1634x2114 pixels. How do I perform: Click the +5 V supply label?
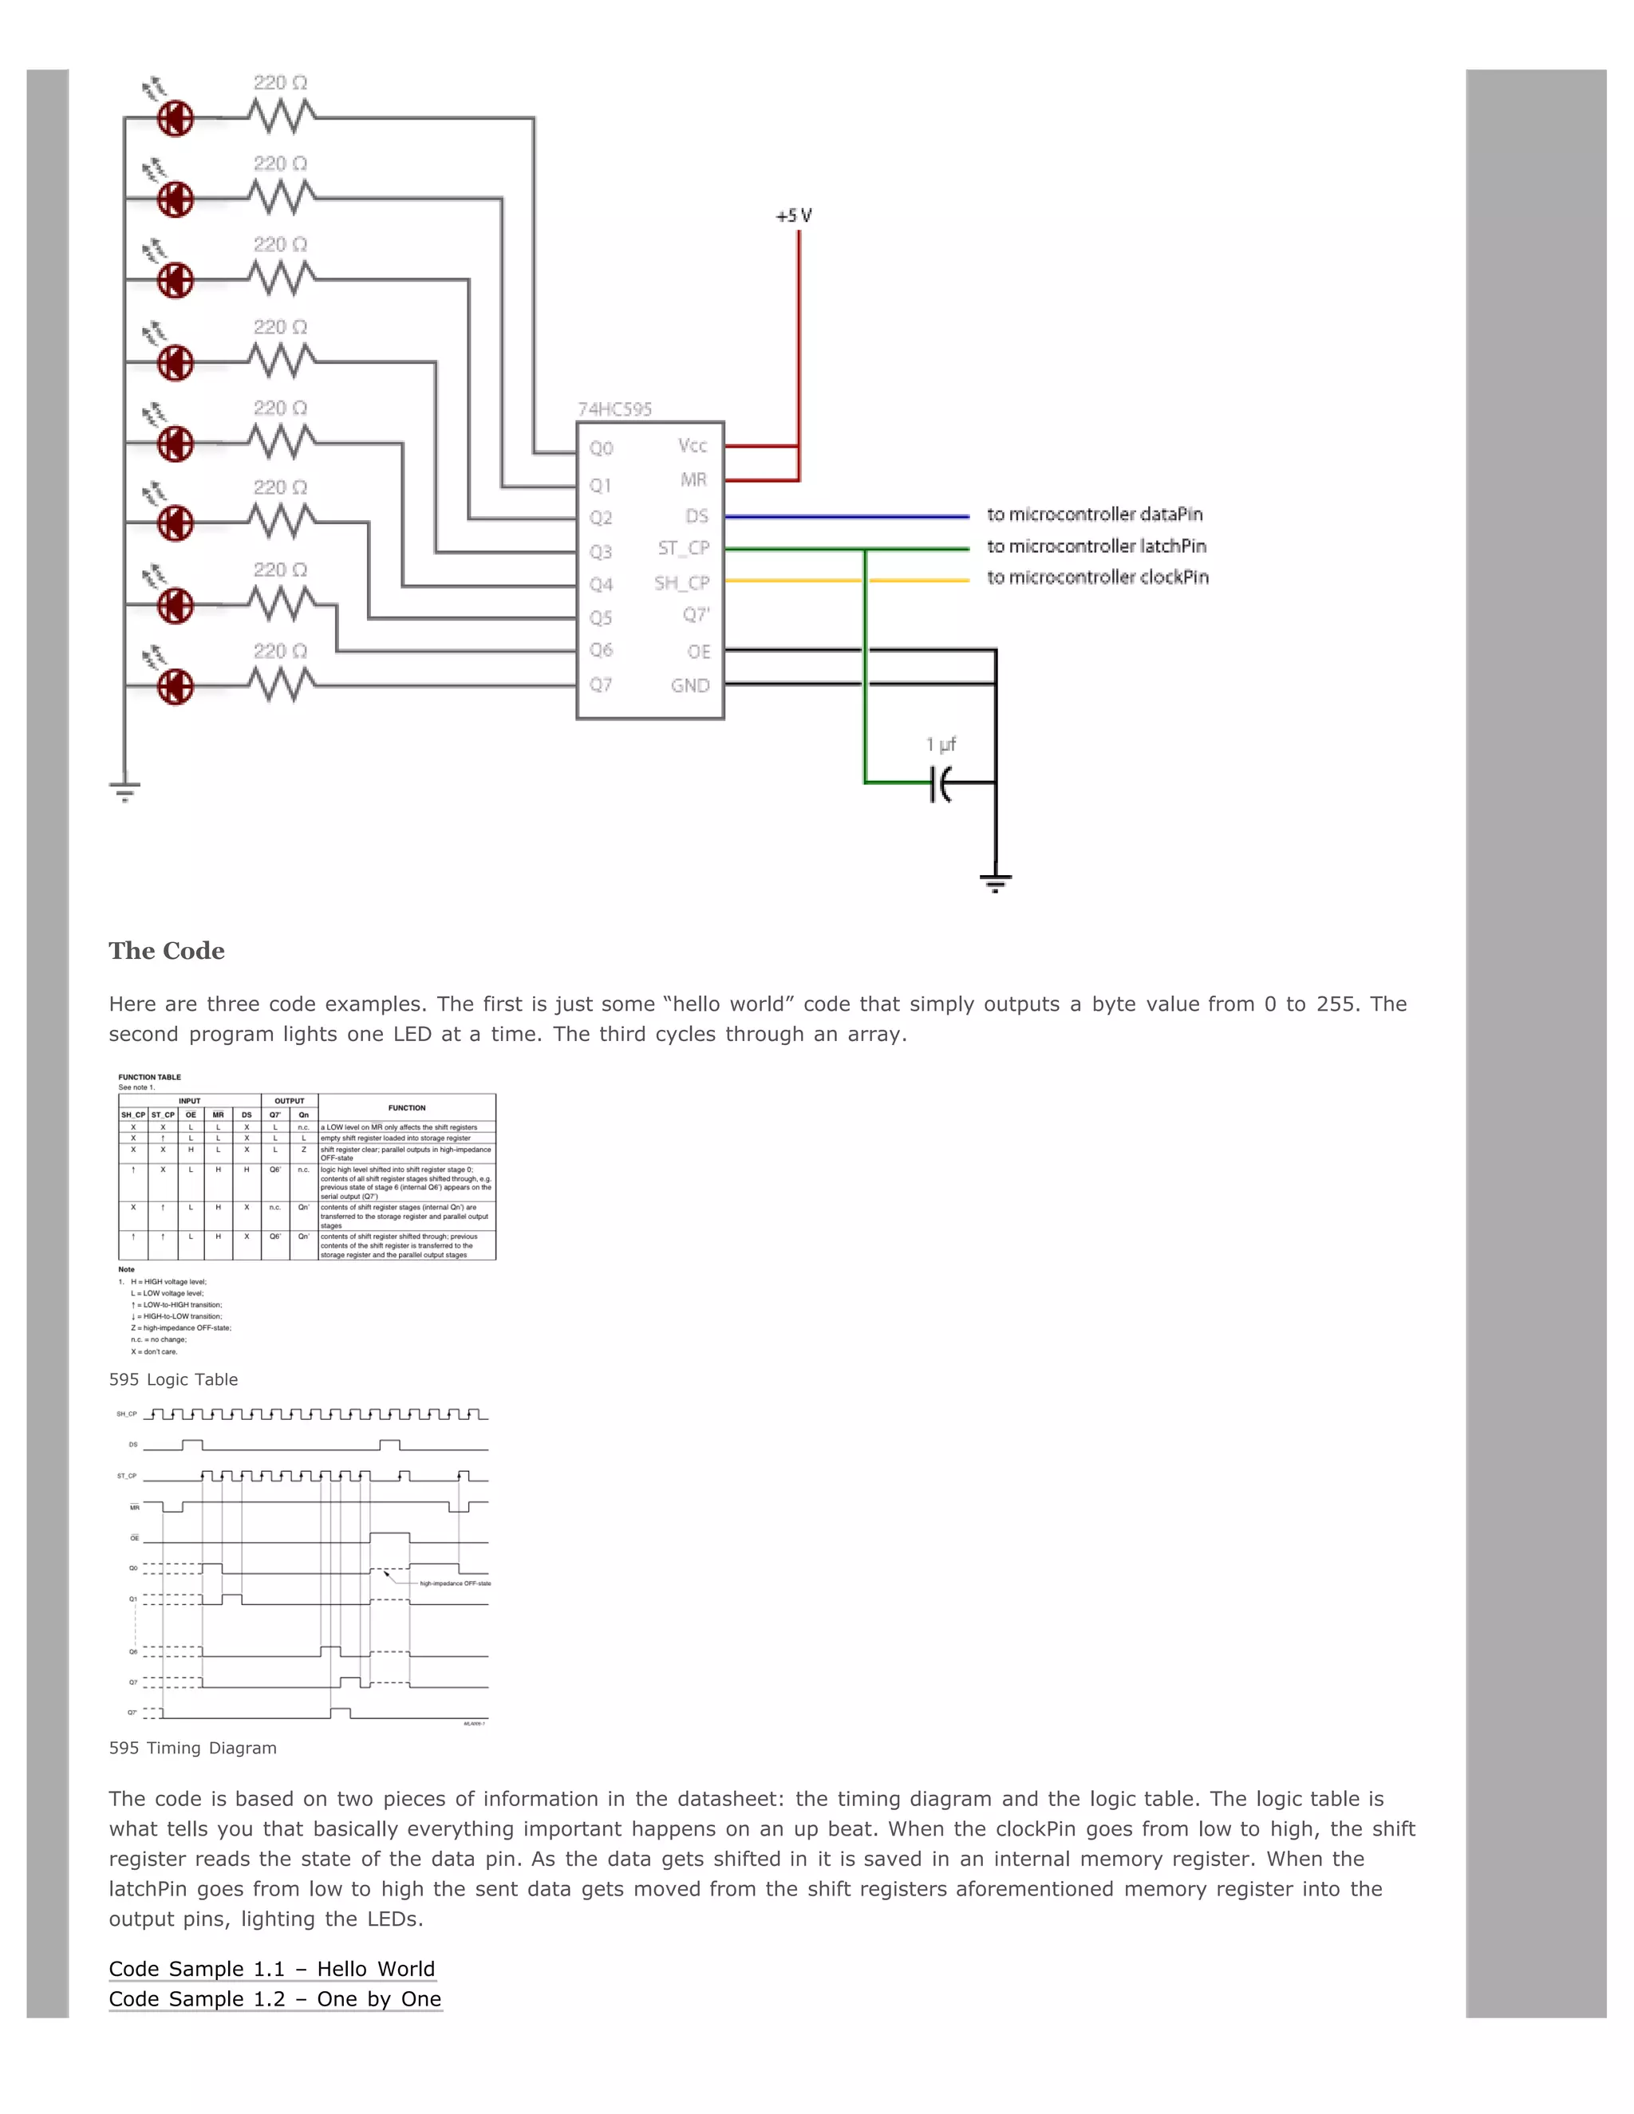point(794,216)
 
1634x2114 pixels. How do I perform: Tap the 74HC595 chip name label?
point(614,409)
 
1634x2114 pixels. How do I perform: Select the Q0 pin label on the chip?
point(601,448)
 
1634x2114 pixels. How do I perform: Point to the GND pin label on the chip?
point(690,685)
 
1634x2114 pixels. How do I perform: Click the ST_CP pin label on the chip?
point(684,548)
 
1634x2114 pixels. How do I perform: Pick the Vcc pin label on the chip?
point(692,445)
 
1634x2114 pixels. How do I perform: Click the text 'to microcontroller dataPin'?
point(1095,514)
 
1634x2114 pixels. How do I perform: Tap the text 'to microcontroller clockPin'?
point(1098,577)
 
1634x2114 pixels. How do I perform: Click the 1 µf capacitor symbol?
point(940,782)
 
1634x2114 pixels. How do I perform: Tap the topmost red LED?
point(176,119)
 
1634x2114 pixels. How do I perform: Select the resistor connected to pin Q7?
point(281,684)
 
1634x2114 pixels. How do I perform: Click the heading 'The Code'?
point(167,951)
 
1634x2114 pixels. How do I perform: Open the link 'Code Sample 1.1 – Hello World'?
point(272,1968)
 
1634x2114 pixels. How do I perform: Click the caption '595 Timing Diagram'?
point(192,1747)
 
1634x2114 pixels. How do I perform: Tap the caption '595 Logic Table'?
point(173,1379)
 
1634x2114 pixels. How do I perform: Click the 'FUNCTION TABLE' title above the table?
point(150,1076)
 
